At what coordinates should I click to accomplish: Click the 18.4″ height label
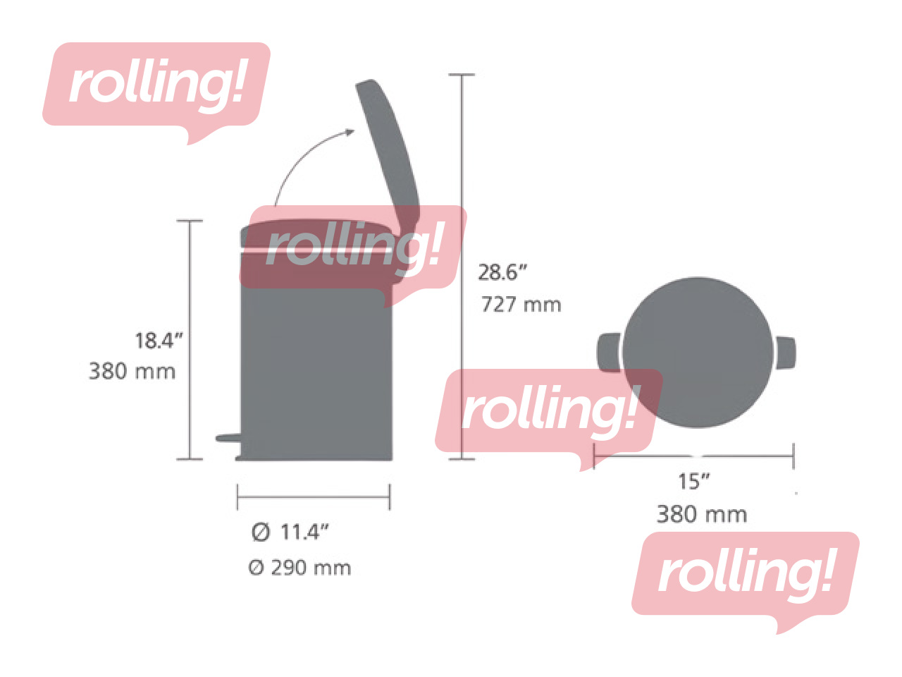(x=159, y=341)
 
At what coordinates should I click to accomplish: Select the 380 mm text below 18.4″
(x=132, y=371)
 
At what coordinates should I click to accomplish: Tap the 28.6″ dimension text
(x=502, y=272)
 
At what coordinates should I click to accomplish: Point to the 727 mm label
(x=521, y=305)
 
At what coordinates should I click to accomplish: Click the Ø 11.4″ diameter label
(x=290, y=532)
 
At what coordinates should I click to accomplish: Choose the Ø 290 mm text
(x=299, y=568)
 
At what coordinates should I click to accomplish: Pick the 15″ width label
(x=693, y=482)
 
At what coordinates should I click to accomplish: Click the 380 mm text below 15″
(x=701, y=514)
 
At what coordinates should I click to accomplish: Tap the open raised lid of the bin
(x=387, y=148)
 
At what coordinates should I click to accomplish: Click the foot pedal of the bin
(x=228, y=438)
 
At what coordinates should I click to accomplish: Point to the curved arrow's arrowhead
(x=349, y=132)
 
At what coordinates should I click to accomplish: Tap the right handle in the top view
(x=786, y=352)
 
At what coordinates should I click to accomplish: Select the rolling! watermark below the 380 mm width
(x=745, y=574)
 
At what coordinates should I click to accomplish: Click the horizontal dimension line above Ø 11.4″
(x=313, y=497)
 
